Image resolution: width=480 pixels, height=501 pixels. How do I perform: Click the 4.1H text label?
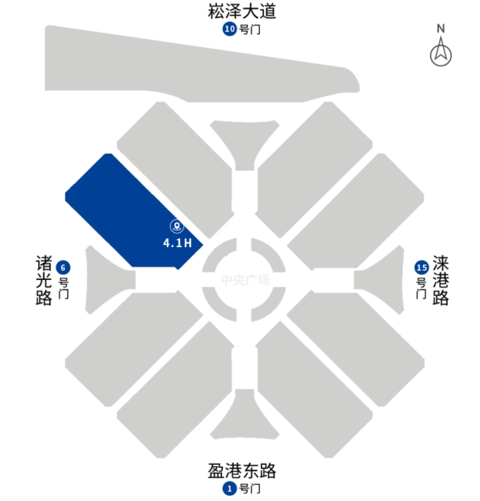(177, 243)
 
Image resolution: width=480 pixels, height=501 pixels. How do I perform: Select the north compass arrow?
(441, 53)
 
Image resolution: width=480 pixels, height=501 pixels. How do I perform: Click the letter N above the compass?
(441, 28)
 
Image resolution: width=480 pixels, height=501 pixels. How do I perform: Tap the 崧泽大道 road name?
(242, 11)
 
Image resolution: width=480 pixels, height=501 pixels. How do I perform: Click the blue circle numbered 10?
(230, 30)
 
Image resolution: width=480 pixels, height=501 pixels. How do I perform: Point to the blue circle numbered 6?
(65, 267)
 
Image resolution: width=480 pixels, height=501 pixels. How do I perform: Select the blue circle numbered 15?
(422, 267)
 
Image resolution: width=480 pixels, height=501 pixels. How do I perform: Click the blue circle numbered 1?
(230, 488)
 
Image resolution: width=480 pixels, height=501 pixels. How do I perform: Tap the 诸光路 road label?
(44, 280)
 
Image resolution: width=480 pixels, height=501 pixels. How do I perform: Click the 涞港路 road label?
(440, 280)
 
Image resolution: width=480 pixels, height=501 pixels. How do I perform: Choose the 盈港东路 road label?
(242, 471)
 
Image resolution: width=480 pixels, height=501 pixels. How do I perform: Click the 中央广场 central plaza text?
(245, 280)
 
